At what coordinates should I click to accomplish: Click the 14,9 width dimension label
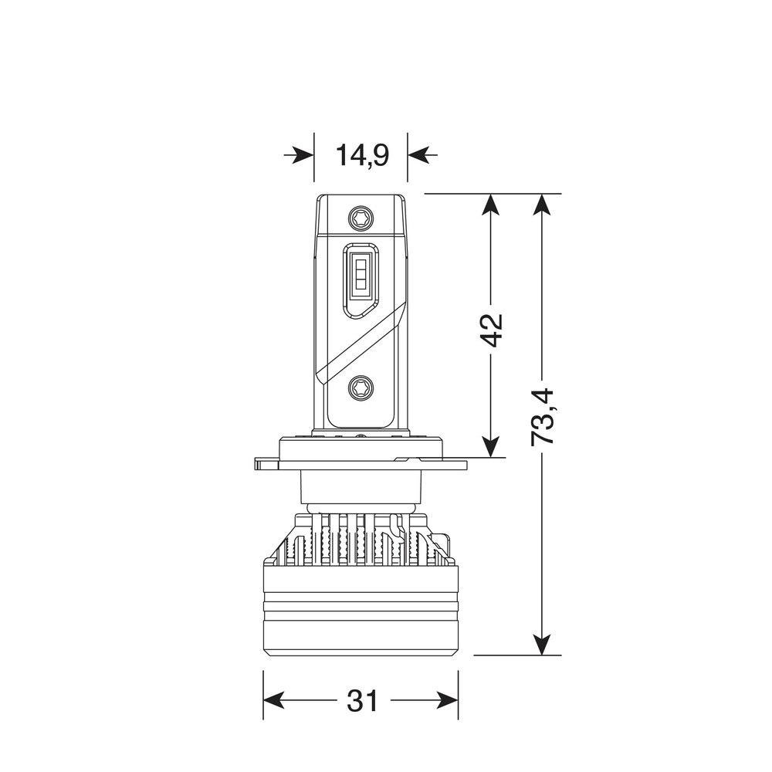(361, 155)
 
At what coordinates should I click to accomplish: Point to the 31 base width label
(361, 701)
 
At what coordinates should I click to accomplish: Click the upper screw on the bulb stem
(360, 218)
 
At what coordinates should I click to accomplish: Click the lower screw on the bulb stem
(360, 388)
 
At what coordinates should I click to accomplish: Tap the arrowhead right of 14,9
(417, 156)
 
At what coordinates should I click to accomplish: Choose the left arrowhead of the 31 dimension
(273, 701)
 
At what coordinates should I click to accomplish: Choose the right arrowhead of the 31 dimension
(449, 701)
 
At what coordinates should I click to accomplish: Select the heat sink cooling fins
(360, 540)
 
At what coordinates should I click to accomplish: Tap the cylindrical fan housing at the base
(361, 610)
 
